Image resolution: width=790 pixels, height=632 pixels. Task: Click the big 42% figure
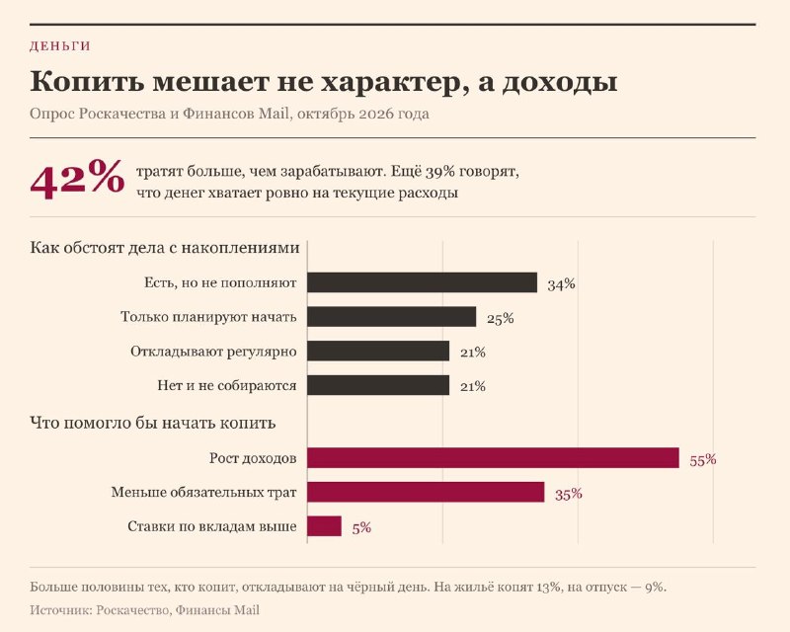[x=77, y=179]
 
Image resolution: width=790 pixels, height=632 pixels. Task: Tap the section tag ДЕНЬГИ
[x=60, y=45]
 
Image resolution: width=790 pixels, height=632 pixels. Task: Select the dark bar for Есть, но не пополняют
[x=423, y=282]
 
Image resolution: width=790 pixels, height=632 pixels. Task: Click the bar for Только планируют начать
[x=391, y=317]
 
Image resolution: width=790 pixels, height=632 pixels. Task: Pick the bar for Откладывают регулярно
[x=378, y=351]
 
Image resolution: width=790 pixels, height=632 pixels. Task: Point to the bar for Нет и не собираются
[x=378, y=385]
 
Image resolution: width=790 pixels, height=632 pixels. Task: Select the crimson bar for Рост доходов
[x=493, y=457]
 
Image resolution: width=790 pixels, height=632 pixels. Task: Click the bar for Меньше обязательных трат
[x=426, y=492]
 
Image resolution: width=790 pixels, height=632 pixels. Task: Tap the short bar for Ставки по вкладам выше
[x=324, y=526]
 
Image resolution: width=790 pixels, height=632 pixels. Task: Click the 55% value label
[x=703, y=459]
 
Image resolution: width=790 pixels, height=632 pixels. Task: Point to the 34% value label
[x=561, y=284]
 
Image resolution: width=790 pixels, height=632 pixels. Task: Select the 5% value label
[x=361, y=527]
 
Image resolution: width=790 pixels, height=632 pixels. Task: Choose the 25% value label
[x=501, y=319]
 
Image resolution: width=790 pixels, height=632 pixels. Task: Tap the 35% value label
[x=569, y=494]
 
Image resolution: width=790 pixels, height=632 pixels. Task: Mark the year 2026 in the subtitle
[x=376, y=114]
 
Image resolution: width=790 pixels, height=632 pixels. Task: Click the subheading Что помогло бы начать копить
[x=153, y=423]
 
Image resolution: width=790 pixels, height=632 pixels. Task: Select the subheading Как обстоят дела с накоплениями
[x=165, y=248]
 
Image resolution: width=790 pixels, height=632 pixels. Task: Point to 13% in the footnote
[x=549, y=588]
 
